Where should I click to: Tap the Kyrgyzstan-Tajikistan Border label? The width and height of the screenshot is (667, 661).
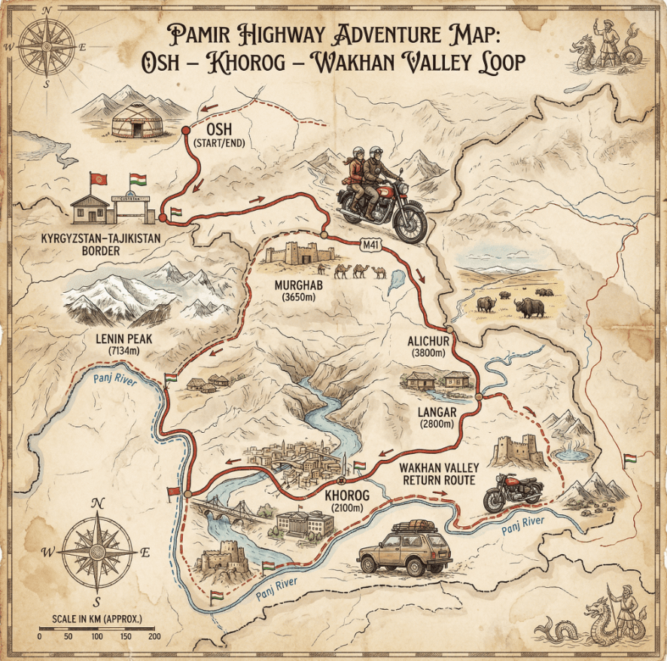(110, 244)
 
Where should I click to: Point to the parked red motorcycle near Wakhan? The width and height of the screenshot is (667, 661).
(513, 492)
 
